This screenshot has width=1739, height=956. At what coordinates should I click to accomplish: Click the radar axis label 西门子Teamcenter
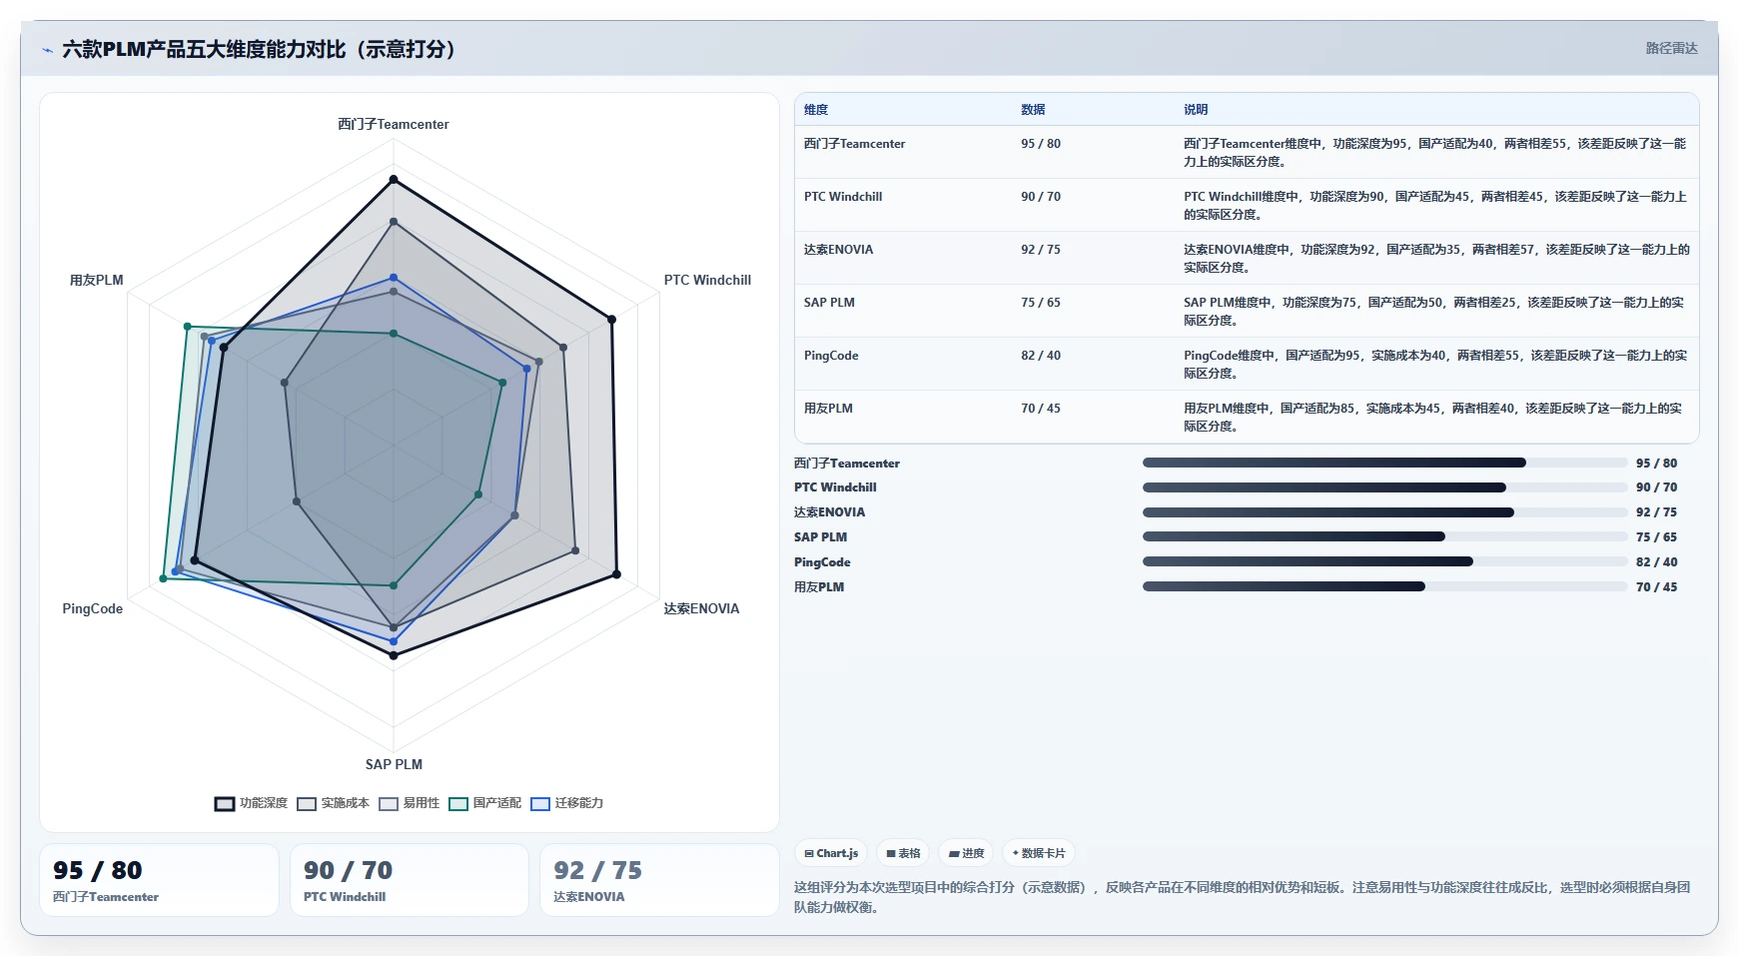coord(394,124)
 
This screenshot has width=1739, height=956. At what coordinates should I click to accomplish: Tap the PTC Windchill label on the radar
coord(707,280)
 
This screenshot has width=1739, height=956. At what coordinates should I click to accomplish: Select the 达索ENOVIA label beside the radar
coord(701,608)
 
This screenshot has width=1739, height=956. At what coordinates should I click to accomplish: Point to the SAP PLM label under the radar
coord(394,764)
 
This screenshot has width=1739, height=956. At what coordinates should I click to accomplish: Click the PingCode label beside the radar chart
coord(93,608)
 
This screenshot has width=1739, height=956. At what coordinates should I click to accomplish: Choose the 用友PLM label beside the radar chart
coord(97,280)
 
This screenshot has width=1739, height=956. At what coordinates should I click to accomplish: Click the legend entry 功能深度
coord(251,803)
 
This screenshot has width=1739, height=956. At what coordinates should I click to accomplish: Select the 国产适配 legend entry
coord(485,803)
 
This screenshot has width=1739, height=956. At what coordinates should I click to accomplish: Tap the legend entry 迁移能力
coord(567,803)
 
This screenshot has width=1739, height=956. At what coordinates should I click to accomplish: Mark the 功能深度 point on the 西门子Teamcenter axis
coord(394,180)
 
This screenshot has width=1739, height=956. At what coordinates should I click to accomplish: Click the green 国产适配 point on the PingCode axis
coord(164,578)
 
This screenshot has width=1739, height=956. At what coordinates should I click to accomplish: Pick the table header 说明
coord(1196,110)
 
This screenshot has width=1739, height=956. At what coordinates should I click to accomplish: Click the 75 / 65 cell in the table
coord(1041,303)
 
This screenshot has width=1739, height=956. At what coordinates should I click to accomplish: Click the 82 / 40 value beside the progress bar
coord(1656,562)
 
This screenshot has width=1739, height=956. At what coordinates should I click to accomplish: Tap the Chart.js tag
coord(831,853)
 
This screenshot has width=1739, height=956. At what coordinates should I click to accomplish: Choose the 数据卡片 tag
coord(1039,853)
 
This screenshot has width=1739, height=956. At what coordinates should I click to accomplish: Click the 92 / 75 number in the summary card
coord(598,870)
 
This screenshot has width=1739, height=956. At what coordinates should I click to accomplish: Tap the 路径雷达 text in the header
coord(1672,48)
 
